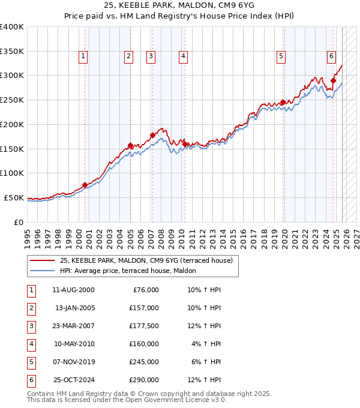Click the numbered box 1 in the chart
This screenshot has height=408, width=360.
[83, 56]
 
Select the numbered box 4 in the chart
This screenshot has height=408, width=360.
[182, 56]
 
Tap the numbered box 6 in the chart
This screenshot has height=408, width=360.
[331, 56]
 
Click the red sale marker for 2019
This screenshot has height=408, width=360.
[283, 102]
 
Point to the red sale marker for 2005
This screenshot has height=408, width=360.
[130, 145]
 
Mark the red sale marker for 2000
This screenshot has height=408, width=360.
[85, 185]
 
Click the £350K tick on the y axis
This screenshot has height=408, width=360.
[12, 51]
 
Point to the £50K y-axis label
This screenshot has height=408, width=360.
[14, 197]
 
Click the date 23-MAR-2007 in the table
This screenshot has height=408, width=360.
[74, 326]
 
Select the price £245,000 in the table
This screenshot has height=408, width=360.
[144, 362]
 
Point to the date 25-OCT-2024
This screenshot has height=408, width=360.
[74, 380]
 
